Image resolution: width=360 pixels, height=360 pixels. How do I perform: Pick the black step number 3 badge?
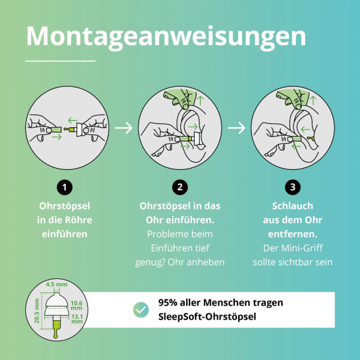(292, 187)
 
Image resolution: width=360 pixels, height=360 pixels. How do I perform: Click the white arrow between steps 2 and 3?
(236, 127)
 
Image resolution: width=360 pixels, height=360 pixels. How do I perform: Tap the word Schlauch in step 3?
(292, 205)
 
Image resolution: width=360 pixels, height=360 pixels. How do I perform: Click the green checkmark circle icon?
(141, 310)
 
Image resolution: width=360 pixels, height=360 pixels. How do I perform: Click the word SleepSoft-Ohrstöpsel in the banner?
(204, 317)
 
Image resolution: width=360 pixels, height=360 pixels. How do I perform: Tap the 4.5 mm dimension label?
(57, 284)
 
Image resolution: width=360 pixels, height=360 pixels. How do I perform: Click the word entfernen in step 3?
(292, 233)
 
